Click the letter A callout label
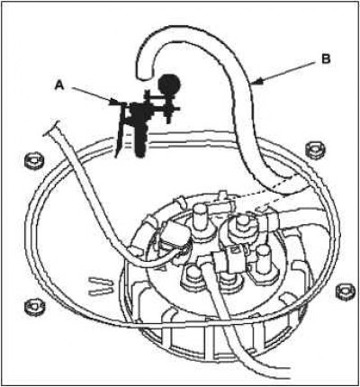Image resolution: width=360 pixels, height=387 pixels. (x=59, y=86)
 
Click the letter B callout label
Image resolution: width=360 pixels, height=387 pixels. (x=326, y=59)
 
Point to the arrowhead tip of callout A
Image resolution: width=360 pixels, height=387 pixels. (x=119, y=103)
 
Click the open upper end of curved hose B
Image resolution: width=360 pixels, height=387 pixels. (x=145, y=76)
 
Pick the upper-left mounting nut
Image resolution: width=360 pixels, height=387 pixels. (x=33, y=161)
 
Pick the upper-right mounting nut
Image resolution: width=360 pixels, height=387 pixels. (x=315, y=150)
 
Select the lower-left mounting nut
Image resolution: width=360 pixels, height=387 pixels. (x=35, y=307)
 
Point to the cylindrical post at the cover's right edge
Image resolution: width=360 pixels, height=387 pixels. (x=263, y=260)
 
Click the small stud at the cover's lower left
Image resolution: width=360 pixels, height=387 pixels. (x=193, y=277)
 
